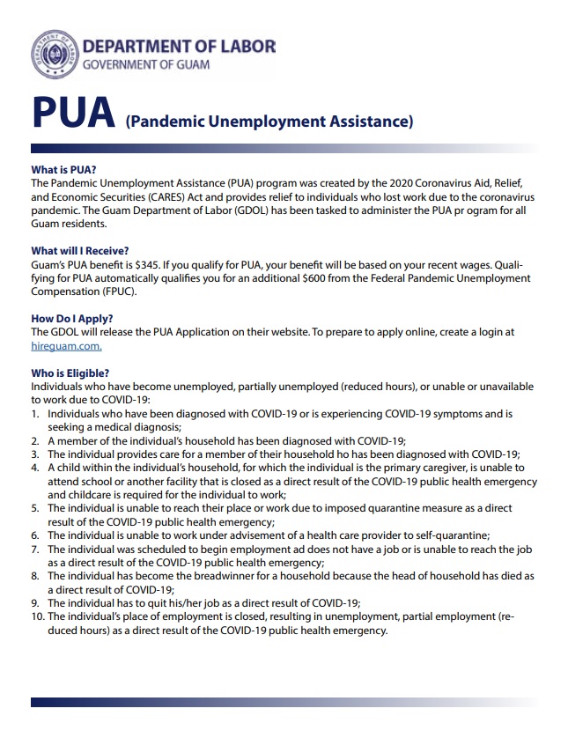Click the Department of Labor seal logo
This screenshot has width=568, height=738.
coord(55,54)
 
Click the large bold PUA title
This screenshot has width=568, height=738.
coord(74,113)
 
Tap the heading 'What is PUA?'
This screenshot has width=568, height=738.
coord(63,169)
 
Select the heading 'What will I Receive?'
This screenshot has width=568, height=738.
coord(79,251)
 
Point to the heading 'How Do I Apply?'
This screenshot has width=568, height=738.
coord(72,319)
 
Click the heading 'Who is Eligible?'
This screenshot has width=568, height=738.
coord(70,373)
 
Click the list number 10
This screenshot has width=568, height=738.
coord(38,617)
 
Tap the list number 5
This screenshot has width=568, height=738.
coord(35,509)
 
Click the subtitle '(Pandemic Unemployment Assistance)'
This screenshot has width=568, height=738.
coord(269,122)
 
